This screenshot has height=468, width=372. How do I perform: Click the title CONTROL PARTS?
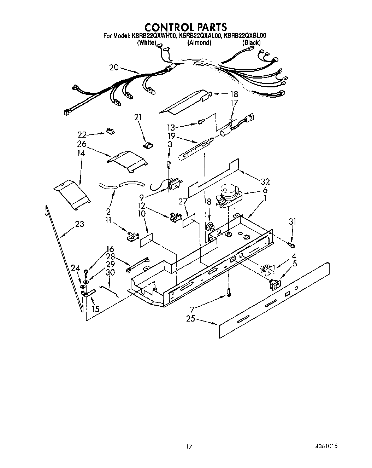186,27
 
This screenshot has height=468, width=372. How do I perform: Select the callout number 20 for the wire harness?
114,67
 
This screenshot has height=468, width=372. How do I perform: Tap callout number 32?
265,181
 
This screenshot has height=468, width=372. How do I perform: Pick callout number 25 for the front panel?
191,319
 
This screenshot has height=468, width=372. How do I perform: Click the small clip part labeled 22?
110,132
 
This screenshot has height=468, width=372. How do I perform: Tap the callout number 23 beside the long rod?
79,224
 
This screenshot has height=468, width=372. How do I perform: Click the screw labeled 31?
293,244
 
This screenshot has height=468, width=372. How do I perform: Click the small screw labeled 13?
201,122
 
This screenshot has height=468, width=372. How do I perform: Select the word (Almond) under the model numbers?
199,43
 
